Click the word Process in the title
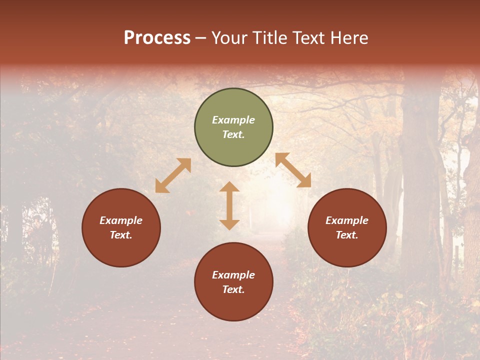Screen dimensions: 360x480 coord(157,38)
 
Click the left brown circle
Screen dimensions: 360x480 coord(121,227)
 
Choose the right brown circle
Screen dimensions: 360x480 coord(347,227)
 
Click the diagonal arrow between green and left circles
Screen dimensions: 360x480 coord(173,175)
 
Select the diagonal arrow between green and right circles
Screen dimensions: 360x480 coord(293,170)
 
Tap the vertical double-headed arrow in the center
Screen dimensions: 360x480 coord(229,205)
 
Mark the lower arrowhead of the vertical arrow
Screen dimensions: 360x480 coord(229,224)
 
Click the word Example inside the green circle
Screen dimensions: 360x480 coord(233,120)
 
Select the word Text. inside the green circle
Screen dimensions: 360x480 coord(233,134)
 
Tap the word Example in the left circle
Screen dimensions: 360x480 coord(121,220)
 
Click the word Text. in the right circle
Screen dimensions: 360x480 coord(347,235)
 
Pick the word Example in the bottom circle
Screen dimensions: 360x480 coord(233,275)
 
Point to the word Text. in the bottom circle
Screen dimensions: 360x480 coord(233,289)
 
